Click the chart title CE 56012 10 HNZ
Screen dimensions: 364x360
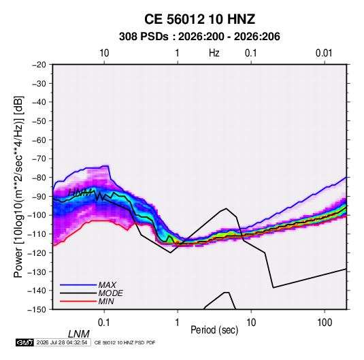pos(199,19)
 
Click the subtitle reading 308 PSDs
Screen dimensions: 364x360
pos(144,37)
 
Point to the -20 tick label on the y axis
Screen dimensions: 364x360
pos(39,65)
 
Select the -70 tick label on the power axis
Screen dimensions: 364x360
pos(39,159)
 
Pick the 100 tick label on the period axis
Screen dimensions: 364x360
pos(325,323)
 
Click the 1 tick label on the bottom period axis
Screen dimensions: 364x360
pos(178,323)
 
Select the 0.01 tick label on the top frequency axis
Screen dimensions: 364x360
pos(324,53)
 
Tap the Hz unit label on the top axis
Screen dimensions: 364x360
pos(214,53)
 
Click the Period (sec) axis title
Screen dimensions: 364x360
pos(214,330)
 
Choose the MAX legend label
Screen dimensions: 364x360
pos(107,284)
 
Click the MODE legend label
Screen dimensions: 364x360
pos(110,293)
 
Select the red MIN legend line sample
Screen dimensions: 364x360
pos(78,301)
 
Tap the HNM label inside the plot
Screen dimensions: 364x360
pos(80,193)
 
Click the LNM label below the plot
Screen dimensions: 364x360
pos(79,334)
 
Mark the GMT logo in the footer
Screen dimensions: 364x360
pos(25,342)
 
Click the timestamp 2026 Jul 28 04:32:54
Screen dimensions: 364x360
pos(62,342)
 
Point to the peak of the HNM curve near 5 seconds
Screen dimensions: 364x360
pos(226,208)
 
